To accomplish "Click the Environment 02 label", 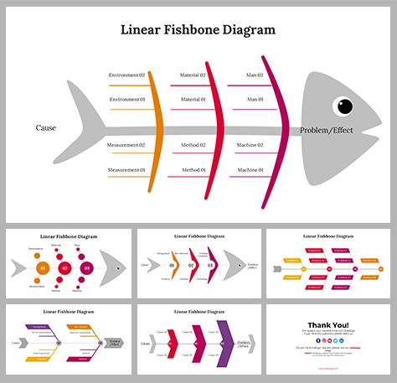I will click(126, 75).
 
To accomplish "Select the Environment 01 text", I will click(126, 100).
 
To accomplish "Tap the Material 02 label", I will click(193, 75).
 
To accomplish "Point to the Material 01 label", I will click(193, 100).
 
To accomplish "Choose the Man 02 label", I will click(255, 75).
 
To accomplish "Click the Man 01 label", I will click(255, 100).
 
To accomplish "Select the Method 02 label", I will click(193, 145).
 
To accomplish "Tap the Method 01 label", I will click(193, 170).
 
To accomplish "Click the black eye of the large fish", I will click(344, 106).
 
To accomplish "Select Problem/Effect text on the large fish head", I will click(327, 131).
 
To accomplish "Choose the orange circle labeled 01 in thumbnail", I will click(43, 268).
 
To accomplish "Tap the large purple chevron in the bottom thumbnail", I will click(224, 344).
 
